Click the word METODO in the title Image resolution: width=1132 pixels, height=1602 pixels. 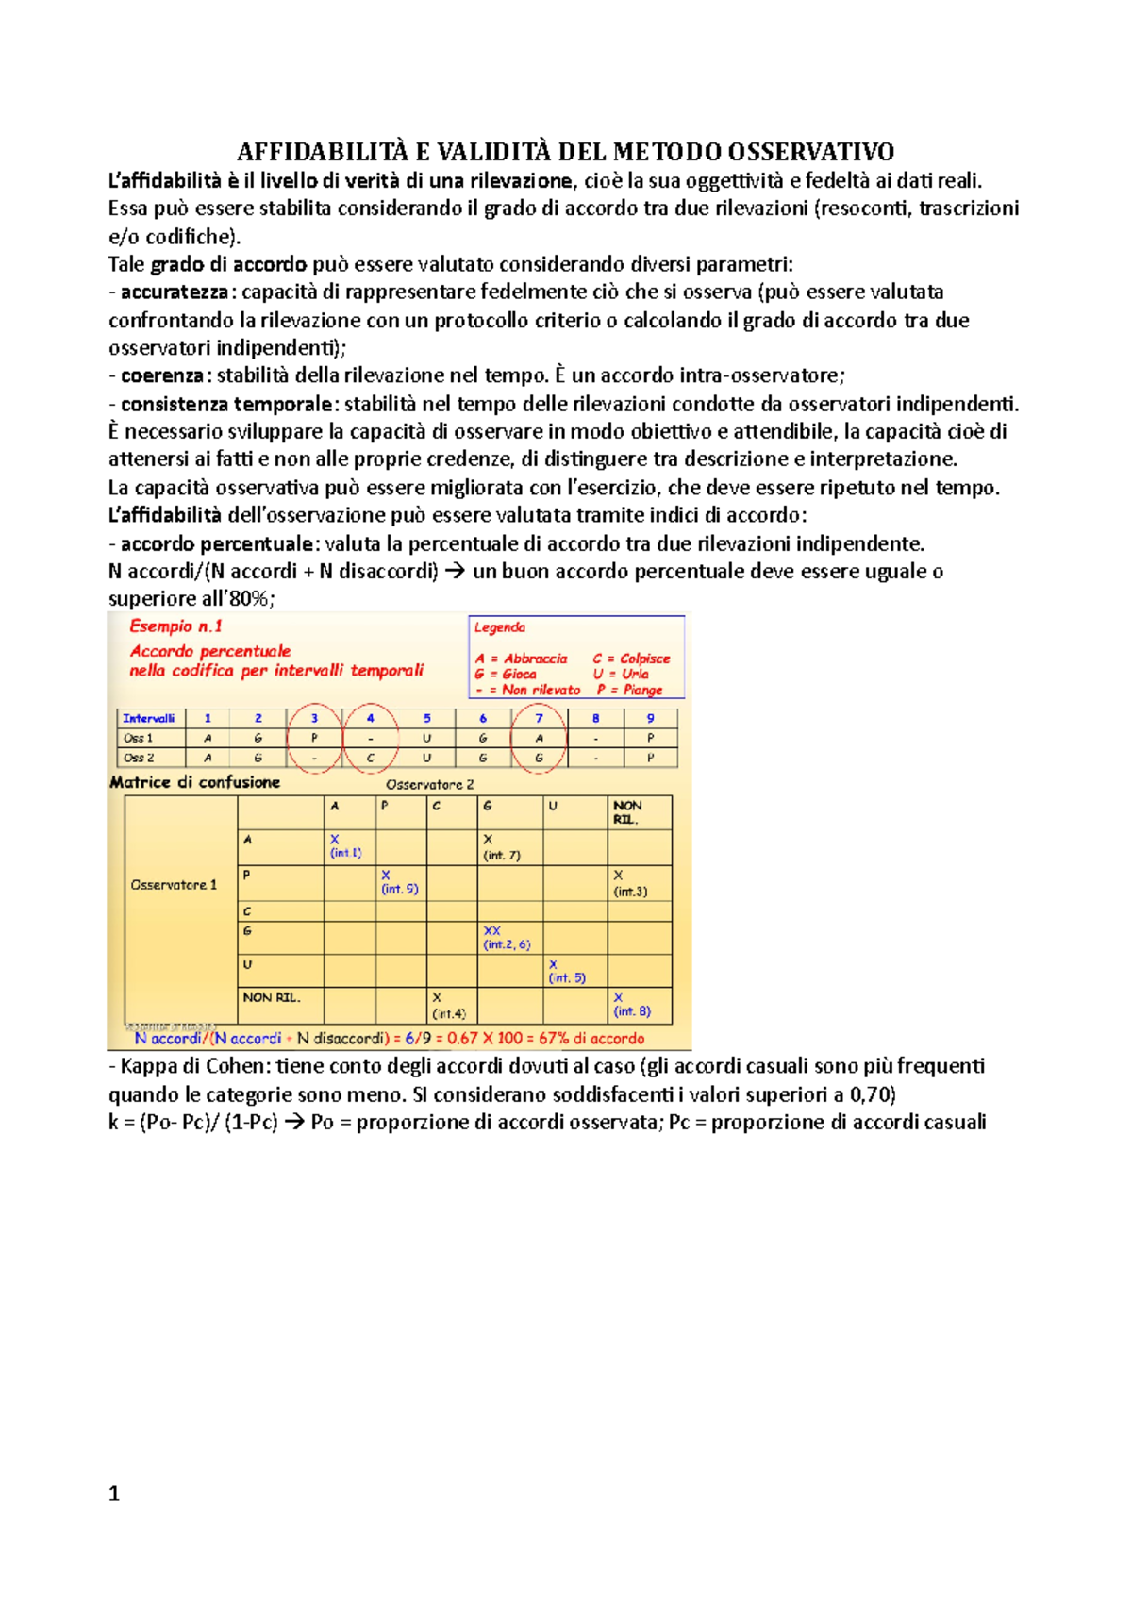(x=667, y=152)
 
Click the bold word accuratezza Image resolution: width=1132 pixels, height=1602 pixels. (x=175, y=292)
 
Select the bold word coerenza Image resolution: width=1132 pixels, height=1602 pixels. (x=162, y=375)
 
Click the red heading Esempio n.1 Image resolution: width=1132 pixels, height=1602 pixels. (x=176, y=626)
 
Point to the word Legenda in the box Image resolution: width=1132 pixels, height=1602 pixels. (x=500, y=627)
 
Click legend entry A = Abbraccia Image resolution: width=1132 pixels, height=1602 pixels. (x=521, y=659)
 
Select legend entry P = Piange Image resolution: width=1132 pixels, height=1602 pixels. (x=629, y=690)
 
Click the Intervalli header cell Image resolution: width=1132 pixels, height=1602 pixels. (x=149, y=718)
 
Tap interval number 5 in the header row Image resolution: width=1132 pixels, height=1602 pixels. (x=426, y=718)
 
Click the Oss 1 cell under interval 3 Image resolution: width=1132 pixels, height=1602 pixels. (x=314, y=738)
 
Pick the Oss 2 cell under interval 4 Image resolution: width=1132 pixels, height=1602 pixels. (x=370, y=758)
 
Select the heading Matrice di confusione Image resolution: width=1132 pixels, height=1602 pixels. (x=195, y=782)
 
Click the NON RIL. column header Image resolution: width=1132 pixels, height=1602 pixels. (x=627, y=812)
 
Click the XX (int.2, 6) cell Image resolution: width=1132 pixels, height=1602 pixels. (x=506, y=938)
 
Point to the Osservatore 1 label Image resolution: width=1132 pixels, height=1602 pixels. (x=174, y=885)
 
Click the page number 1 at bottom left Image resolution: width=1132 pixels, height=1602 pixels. (x=114, y=1493)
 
